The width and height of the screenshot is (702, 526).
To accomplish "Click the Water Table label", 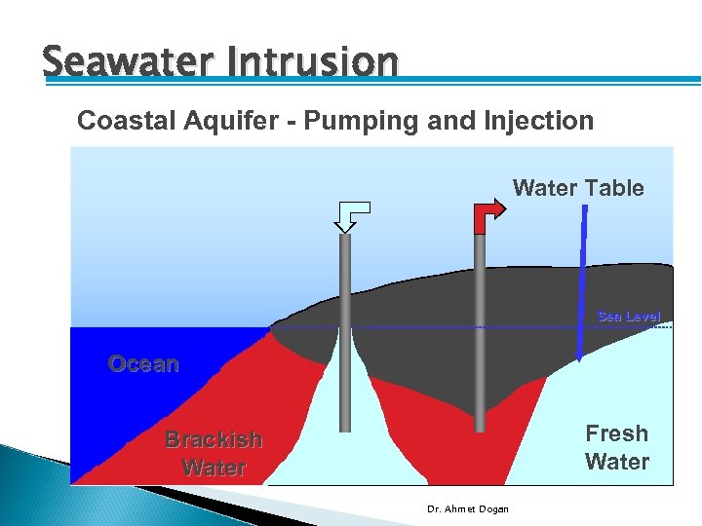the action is pos(578,188).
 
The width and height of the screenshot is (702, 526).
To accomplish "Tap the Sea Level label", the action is pos(628,317).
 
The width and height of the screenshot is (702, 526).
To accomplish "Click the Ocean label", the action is pos(143,364).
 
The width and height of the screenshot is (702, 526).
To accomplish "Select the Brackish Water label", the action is pos(214,453).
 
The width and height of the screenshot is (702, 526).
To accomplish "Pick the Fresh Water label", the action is pos(616,447).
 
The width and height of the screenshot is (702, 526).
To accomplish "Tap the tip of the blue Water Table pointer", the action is pos(579,358).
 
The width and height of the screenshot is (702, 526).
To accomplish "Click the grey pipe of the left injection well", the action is pos(345,331).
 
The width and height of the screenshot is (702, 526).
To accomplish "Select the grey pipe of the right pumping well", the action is pos(480,331).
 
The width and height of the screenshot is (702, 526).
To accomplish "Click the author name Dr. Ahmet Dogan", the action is pos(467,508).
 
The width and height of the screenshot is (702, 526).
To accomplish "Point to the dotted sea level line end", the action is pos(668,327).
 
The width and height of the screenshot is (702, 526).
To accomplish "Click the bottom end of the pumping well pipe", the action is pos(480,430).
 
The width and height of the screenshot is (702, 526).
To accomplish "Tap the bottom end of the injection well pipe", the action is pos(345,430).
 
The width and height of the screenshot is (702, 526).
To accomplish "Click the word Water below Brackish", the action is pos(214,468).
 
